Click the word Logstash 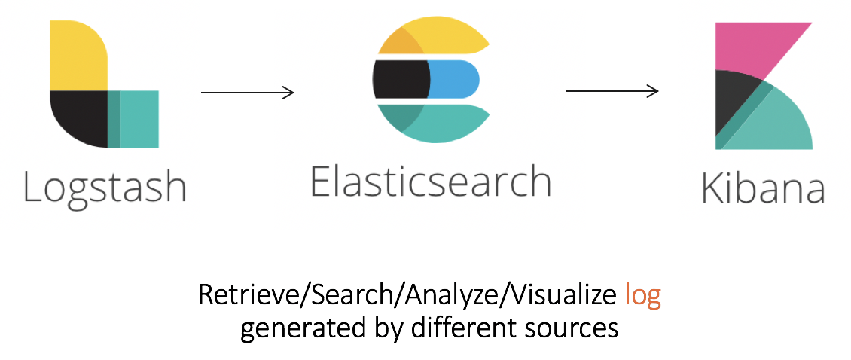(x=105, y=186)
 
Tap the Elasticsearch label (x=431, y=181)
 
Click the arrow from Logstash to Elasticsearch (x=247, y=93)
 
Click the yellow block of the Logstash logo (x=78, y=56)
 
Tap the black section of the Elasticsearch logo (x=400, y=78)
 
